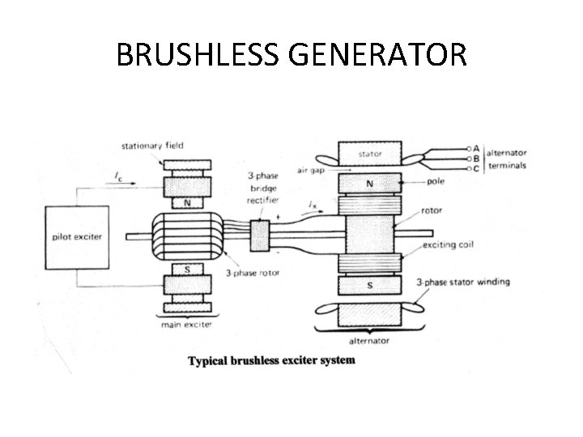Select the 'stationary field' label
tap(152, 146)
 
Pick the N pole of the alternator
tap(369, 184)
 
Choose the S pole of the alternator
tap(369, 285)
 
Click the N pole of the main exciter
tap(187, 202)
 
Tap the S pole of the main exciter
tap(187, 269)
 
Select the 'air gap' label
tap(312, 171)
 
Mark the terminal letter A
tap(476, 148)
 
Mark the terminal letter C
tap(476, 168)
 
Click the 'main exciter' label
tap(187, 325)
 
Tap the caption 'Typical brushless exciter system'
tap(271, 360)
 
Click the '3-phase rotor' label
tap(253, 273)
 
